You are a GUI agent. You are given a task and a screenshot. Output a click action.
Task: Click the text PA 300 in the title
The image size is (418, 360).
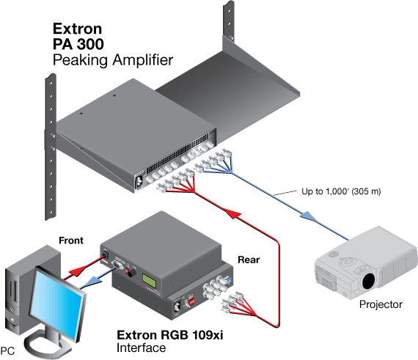click(78, 44)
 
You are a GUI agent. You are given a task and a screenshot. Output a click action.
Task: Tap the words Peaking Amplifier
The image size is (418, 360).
click(113, 59)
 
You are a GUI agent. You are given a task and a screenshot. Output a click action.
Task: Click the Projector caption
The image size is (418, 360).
click(381, 304)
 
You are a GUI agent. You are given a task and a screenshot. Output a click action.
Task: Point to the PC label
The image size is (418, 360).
click(9, 351)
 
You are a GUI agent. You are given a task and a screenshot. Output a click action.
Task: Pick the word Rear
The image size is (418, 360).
click(246, 259)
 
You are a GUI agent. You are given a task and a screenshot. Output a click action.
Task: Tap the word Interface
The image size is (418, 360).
click(142, 348)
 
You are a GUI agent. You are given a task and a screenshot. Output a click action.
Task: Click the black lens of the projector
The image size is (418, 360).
click(370, 280)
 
